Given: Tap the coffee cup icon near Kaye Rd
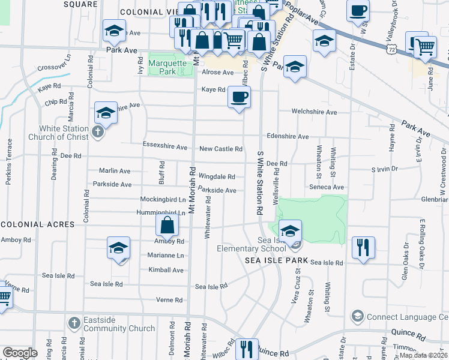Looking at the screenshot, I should (239, 97).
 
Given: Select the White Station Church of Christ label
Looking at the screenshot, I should (64, 133).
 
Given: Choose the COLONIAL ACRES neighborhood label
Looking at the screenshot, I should (37, 224).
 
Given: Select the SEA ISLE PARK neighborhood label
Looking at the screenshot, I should (276, 260).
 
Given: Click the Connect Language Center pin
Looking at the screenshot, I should (358, 316).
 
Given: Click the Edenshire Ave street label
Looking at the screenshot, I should (288, 136).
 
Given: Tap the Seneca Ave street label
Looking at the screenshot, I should (331, 187).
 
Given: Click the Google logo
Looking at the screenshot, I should (20, 353).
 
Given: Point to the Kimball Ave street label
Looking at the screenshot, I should (166, 270).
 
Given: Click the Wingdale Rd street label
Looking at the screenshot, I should (217, 176).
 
